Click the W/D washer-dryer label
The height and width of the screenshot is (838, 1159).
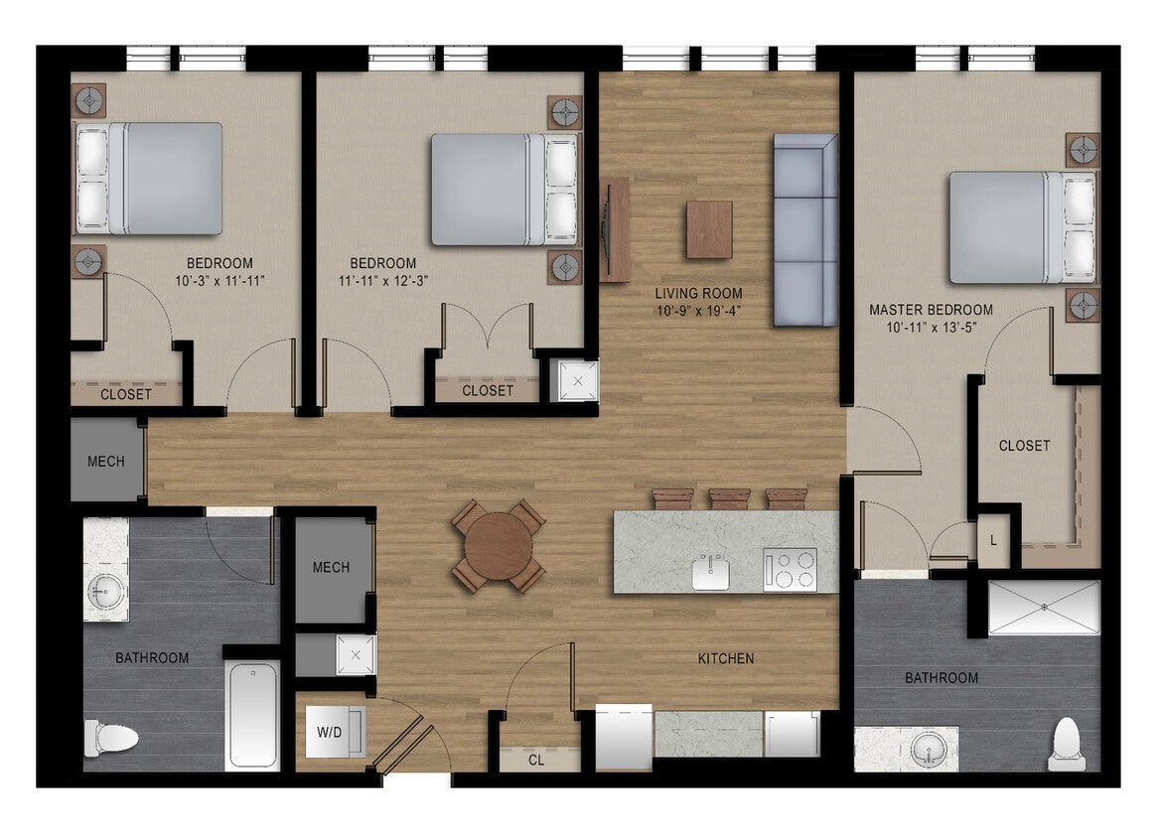(329, 733)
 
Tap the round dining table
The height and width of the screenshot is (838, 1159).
(499, 545)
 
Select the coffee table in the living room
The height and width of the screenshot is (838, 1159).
(709, 229)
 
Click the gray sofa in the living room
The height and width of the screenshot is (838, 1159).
(804, 229)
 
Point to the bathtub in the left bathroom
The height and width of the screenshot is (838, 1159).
(252, 714)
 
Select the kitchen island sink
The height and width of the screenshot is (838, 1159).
(711, 572)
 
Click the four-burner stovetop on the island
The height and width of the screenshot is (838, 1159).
(790, 570)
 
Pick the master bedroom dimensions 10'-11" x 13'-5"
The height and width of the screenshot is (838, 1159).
(931, 328)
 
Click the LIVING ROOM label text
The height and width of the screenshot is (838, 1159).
(698, 294)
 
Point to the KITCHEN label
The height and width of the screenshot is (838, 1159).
(726, 658)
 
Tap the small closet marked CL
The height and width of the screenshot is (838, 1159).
(536, 761)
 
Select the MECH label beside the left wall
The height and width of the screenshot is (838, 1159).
(106, 462)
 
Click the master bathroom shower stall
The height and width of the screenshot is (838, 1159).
(1044, 607)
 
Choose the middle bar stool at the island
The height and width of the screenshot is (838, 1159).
(730, 498)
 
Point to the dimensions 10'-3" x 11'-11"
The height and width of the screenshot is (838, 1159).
(219, 281)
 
